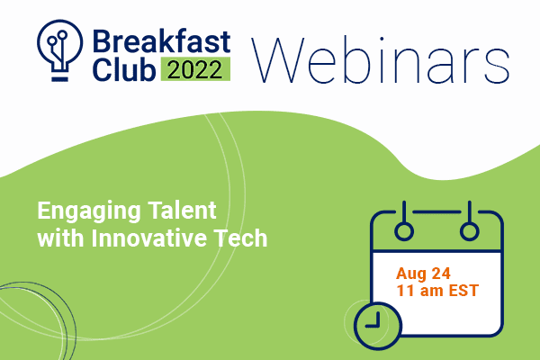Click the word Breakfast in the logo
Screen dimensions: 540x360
161,41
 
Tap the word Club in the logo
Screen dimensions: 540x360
124,69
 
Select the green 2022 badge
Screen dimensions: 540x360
195,69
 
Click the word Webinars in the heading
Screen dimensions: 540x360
381,60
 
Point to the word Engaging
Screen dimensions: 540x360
89,211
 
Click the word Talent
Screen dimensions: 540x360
182,210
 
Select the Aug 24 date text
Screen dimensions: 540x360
423,274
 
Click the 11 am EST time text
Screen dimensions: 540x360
437,291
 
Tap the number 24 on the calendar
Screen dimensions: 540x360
441,274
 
